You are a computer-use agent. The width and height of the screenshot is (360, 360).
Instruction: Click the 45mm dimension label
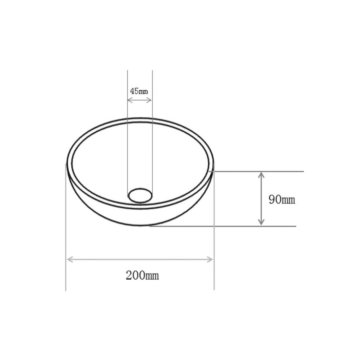click(139, 91)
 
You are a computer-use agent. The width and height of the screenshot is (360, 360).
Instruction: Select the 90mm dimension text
click(282, 200)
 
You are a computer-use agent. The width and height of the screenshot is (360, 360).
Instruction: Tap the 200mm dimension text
click(142, 275)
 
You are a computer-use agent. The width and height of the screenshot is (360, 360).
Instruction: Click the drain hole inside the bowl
click(140, 195)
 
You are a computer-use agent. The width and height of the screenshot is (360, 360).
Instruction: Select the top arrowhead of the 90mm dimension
click(261, 175)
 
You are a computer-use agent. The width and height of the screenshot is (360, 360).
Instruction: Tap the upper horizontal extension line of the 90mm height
click(280, 171)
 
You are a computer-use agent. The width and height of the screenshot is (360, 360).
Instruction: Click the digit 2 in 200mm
click(129, 275)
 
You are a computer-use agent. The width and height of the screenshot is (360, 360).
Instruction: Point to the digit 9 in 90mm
click(272, 200)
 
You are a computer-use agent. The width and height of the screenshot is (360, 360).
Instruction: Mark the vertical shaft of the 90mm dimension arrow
click(261, 199)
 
